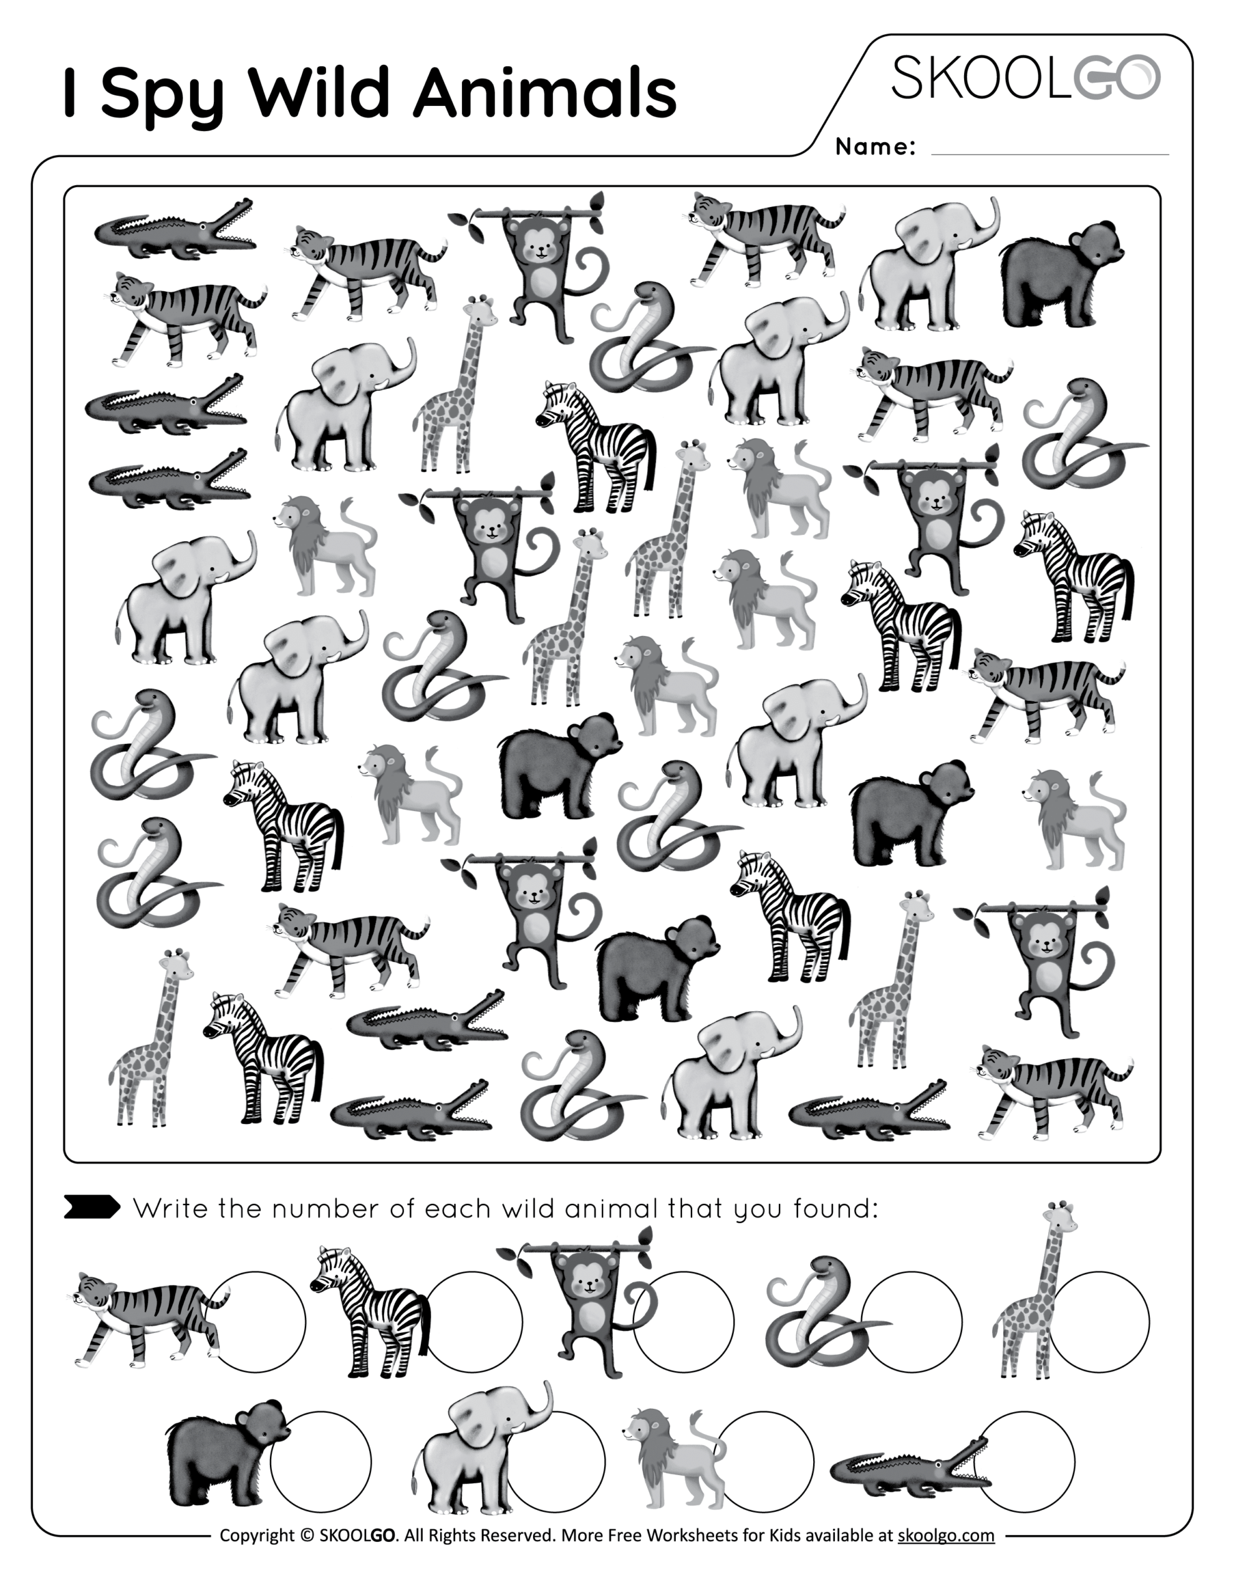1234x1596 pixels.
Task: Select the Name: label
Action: click(x=875, y=147)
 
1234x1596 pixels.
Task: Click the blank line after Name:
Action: click(x=1050, y=155)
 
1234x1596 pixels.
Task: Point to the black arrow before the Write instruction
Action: click(x=92, y=1207)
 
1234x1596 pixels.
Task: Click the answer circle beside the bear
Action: click(x=321, y=1462)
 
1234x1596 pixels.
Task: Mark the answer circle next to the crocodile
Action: click(x=1024, y=1462)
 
